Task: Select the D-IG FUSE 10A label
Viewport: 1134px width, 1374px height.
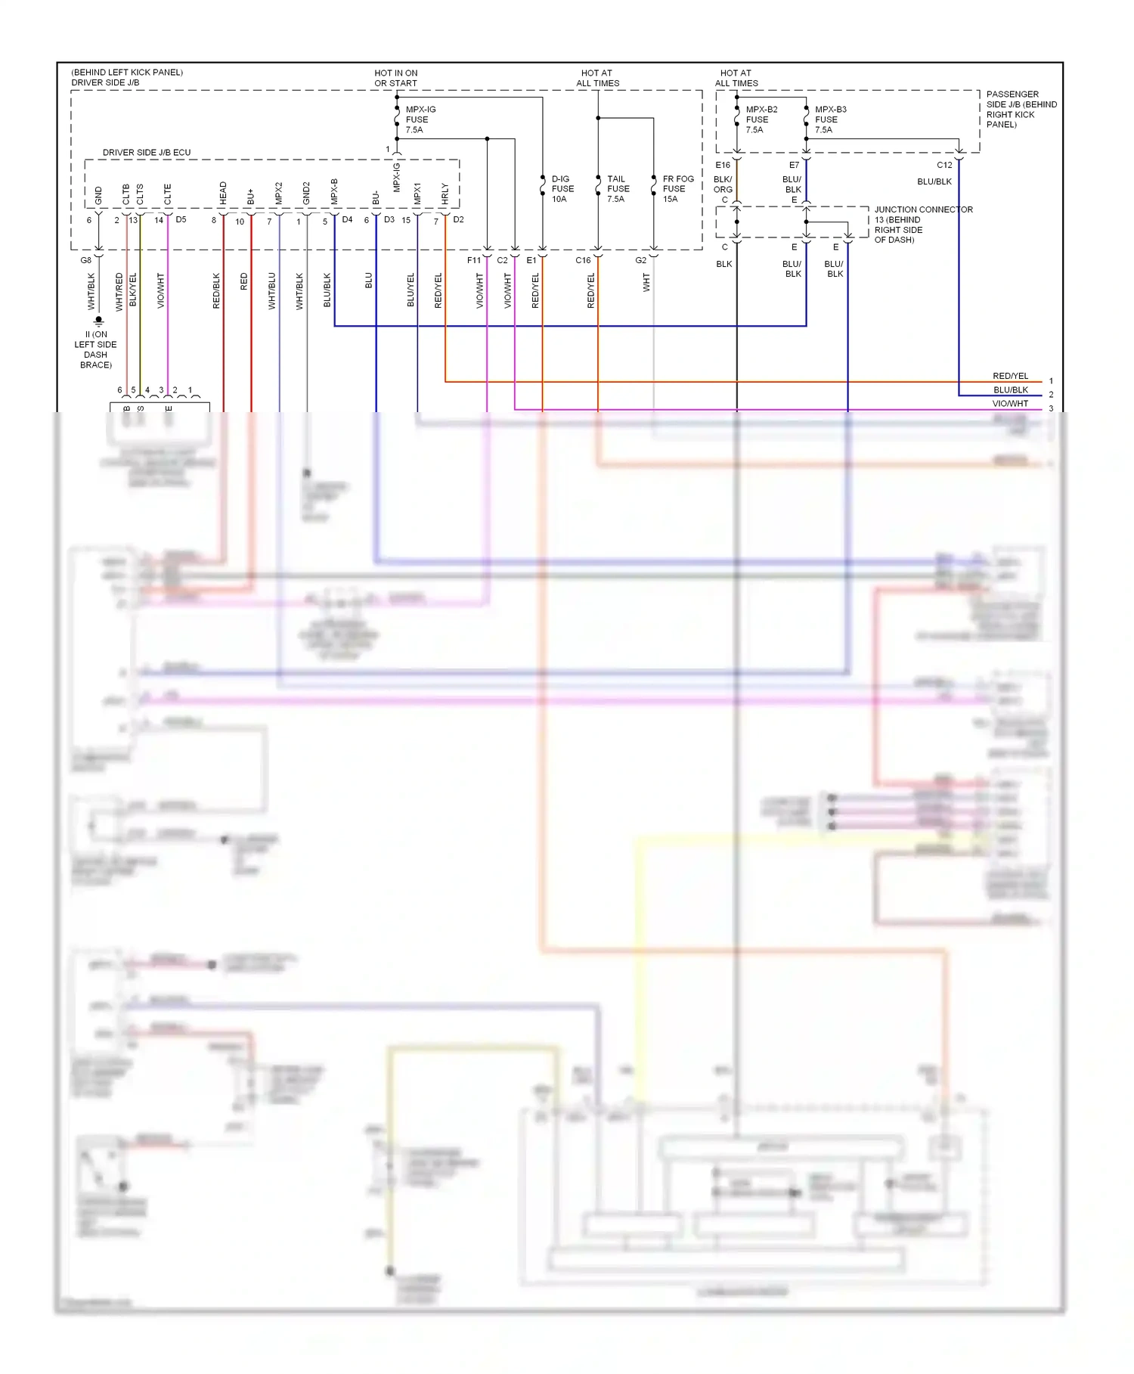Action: (562, 189)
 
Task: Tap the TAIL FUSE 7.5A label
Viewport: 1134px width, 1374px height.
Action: (617, 189)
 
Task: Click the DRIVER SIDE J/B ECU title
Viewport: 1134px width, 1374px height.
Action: (147, 153)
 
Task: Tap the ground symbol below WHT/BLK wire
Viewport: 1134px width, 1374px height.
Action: (98, 321)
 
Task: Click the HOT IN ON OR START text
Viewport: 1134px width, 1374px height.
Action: (395, 79)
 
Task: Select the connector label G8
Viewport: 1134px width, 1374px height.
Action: (86, 260)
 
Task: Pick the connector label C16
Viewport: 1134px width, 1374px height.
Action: (582, 260)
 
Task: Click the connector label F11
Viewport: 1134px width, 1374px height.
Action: (474, 260)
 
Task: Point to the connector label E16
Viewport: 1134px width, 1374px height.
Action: (723, 165)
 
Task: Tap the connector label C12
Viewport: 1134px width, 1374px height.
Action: (944, 165)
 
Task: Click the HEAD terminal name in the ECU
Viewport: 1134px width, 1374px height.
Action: (223, 194)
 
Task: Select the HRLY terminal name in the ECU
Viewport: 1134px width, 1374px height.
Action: (445, 194)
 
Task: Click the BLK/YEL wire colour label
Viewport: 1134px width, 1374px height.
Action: (134, 290)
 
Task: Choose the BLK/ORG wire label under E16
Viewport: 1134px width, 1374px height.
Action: (723, 185)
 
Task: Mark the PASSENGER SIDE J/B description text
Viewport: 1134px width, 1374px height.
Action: (1021, 110)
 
